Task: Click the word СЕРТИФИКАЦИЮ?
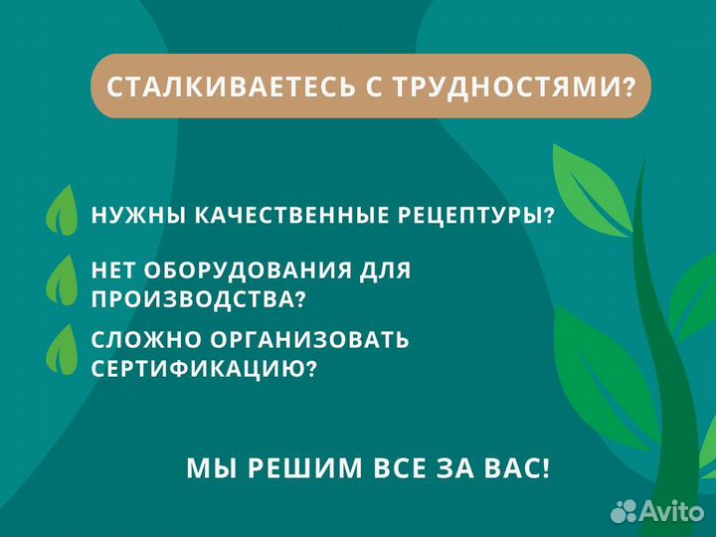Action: click(205, 368)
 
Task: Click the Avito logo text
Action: click(671, 511)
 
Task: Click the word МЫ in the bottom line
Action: click(206, 468)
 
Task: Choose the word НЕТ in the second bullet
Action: click(114, 270)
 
